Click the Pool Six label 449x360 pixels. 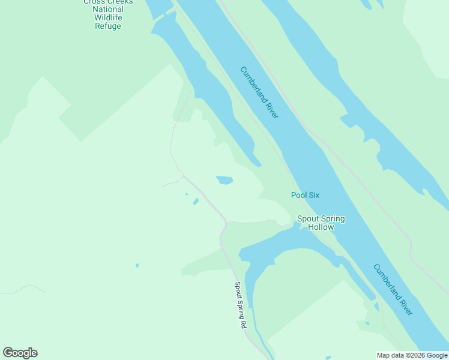point(304,195)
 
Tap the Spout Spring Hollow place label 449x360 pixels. point(321,223)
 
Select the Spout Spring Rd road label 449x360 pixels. point(240,305)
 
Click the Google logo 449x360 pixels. point(20,353)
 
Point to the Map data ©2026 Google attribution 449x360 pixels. point(412,355)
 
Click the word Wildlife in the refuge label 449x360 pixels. point(108,17)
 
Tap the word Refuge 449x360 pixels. point(108,26)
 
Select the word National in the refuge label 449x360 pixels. point(108,9)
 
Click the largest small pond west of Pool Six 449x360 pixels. point(224,180)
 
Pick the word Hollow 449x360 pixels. point(321,227)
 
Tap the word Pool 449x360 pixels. point(299,195)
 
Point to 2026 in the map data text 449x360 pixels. point(414,355)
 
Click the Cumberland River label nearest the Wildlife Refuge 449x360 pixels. point(259,92)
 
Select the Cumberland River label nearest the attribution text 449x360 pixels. point(393,289)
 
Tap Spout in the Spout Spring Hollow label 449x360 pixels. point(307,219)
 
